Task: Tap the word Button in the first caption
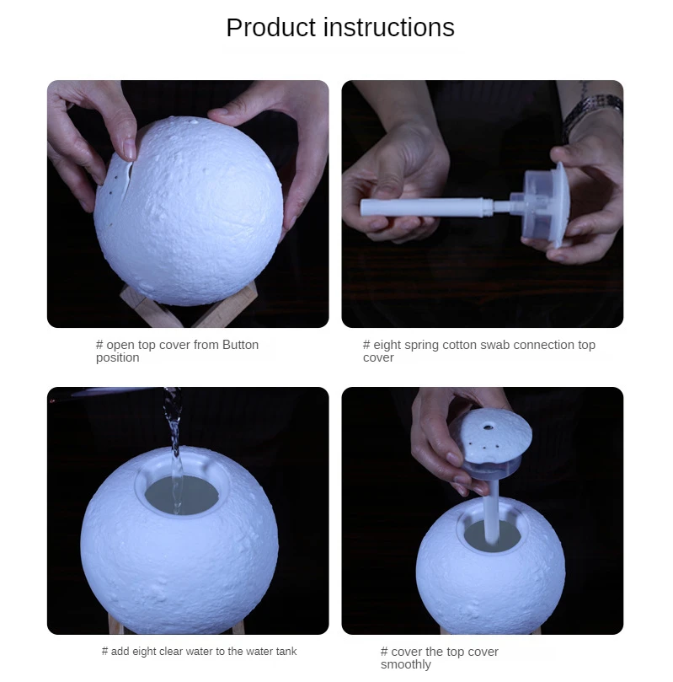[x=240, y=345]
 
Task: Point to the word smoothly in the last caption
[x=406, y=664]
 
